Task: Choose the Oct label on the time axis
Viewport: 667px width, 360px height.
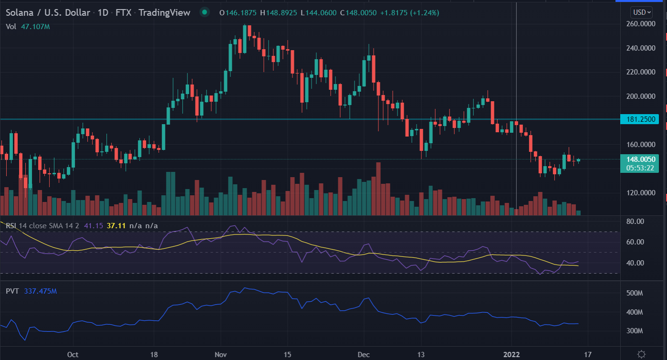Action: [73, 354]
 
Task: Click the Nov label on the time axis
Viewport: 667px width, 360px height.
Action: [220, 354]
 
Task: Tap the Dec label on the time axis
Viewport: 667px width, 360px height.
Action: [364, 354]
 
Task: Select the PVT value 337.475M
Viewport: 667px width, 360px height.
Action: [40, 291]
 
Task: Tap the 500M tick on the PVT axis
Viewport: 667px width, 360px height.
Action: [636, 293]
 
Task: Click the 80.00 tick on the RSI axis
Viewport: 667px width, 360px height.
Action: [636, 222]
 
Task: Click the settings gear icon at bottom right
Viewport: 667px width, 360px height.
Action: [641, 354]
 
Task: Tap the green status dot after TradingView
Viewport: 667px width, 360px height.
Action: [205, 12]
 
